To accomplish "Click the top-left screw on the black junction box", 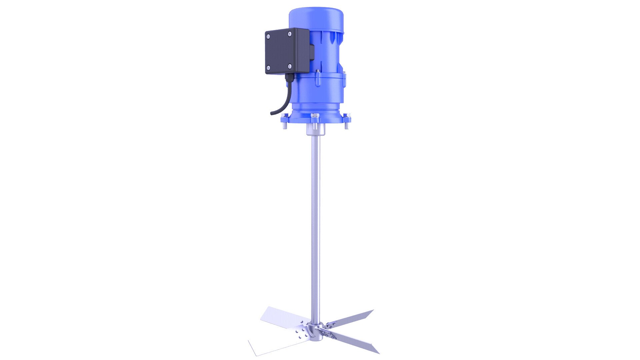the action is click(268, 36).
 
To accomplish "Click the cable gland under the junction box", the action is click(288, 78).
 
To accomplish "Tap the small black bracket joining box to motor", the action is click(312, 53).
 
